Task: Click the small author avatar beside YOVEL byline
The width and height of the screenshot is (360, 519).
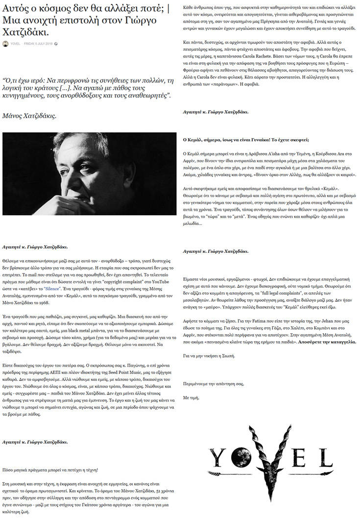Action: coord(5,44)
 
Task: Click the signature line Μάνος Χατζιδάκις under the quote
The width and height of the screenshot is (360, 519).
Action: coord(29,116)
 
